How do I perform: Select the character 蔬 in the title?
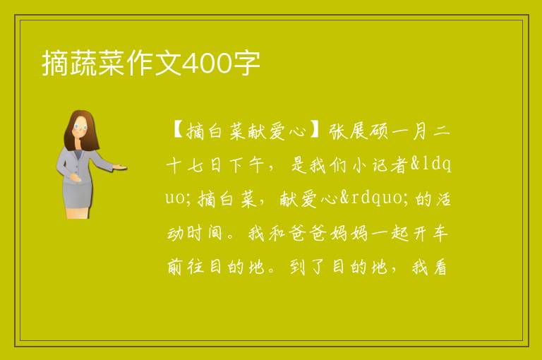[84, 64]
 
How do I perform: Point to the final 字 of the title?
[246, 64]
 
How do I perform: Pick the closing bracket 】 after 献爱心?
[316, 131]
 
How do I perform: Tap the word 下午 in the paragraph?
[247, 165]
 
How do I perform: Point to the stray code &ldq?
[431, 165]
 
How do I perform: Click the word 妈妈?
[349, 233]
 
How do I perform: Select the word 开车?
[430, 233]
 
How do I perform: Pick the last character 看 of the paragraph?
[440, 267]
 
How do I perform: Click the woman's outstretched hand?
[120, 167]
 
